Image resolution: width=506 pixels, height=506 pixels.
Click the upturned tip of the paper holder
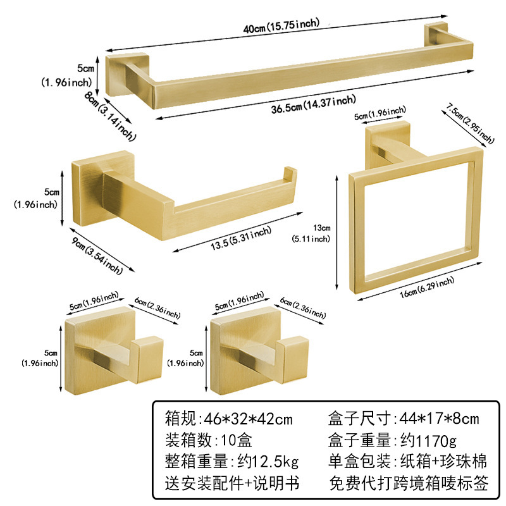289,175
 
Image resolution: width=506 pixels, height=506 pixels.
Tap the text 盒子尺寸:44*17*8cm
404,418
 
